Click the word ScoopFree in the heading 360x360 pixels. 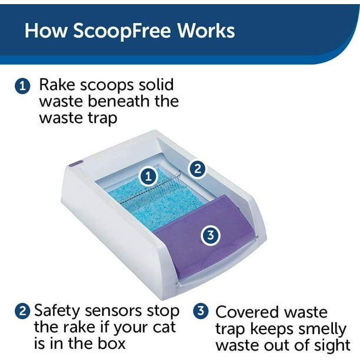(x=122, y=31)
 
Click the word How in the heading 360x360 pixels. (x=45, y=31)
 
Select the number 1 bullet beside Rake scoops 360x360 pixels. (x=22, y=86)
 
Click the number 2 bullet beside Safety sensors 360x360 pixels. (x=22, y=312)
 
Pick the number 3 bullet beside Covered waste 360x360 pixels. (x=201, y=312)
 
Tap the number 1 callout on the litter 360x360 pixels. (x=149, y=176)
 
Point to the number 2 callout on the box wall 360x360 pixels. (x=197, y=169)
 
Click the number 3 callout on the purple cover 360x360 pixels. (x=211, y=235)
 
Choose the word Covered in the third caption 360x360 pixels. (x=245, y=312)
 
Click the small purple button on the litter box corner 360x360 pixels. (x=76, y=164)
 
